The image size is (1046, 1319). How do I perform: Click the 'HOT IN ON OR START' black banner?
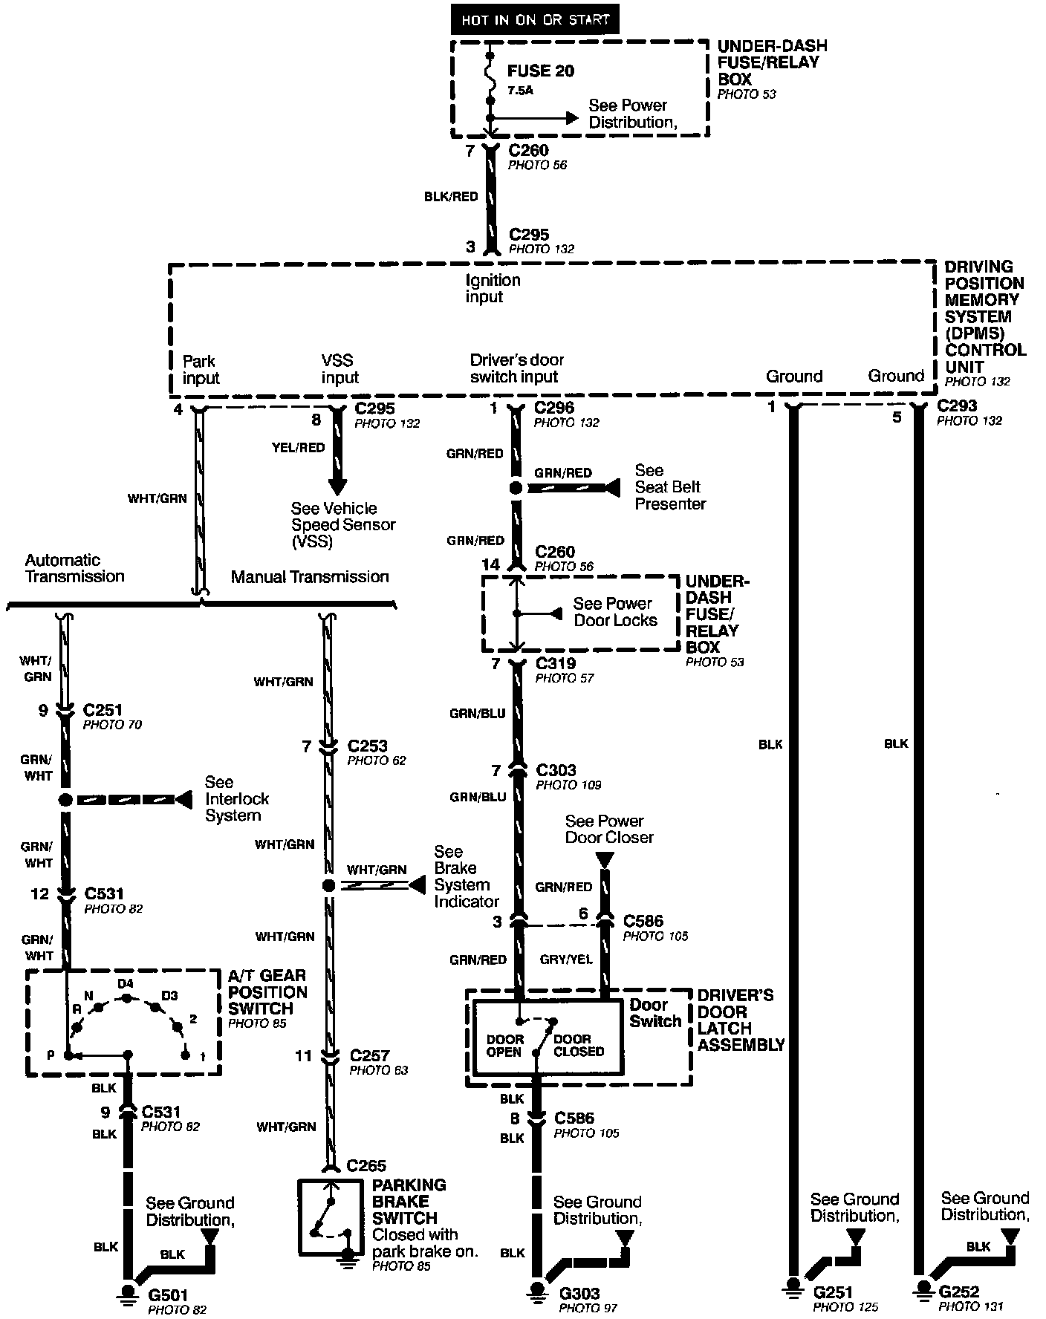click(x=533, y=20)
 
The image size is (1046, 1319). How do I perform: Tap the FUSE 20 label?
click(x=541, y=71)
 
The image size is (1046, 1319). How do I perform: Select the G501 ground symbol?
click(x=128, y=1293)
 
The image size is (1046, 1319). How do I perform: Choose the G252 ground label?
click(x=959, y=1292)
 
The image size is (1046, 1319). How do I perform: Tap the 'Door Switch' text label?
click(x=654, y=1013)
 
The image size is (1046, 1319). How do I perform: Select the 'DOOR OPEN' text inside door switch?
click(x=505, y=1045)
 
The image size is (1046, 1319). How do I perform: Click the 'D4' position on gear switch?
click(x=126, y=984)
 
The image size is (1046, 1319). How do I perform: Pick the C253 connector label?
click(x=367, y=745)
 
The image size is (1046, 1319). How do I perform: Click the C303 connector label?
click(x=556, y=770)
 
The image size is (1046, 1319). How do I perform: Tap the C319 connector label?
click(x=556, y=663)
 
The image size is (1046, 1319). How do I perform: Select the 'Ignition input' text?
click(x=493, y=288)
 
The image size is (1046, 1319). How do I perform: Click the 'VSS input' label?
click(x=340, y=369)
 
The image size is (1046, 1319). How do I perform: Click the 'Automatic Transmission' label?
click(x=74, y=568)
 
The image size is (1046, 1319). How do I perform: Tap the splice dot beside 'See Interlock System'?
click(x=65, y=799)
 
